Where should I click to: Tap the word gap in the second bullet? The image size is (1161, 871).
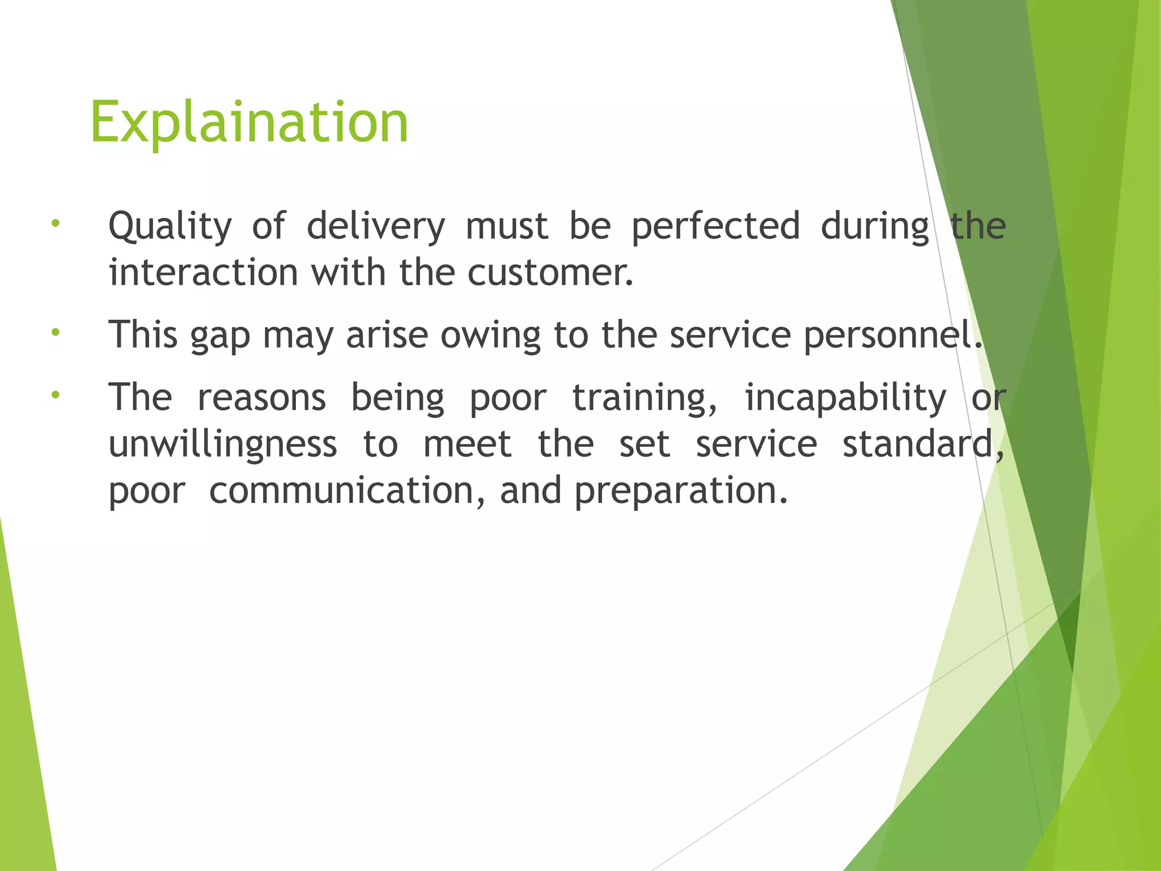(220, 336)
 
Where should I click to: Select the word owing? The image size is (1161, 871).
(490, 336)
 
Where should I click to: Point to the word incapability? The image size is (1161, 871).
(845, 399)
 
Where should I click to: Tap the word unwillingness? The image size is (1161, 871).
(223, 445)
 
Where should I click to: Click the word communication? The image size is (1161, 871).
(346, 491)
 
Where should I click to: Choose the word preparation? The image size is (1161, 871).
(681, 492)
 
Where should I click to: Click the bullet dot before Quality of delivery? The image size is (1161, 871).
(55, 223)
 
